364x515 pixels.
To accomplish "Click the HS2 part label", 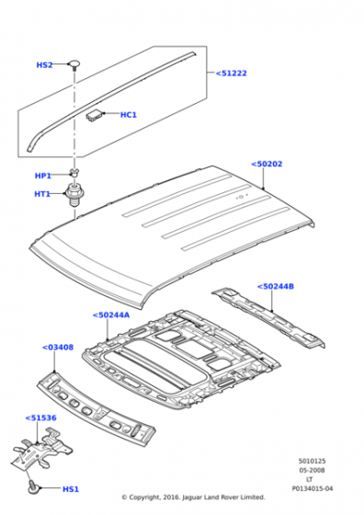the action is tap(44, 65).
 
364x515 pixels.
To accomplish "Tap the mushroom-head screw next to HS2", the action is tap(74, 64).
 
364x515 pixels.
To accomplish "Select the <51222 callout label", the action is tap(231, 74).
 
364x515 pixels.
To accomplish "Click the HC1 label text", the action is tap(129, 115).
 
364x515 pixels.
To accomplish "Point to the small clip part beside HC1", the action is tap(95, 115).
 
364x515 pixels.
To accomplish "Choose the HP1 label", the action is tap(43, 176).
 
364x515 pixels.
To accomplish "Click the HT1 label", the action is tap(42, 194).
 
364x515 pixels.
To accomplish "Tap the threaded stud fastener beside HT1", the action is tap(74, 194).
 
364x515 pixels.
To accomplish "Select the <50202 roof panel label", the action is tap(267, 164).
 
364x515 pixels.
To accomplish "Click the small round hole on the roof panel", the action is tap(241, 198).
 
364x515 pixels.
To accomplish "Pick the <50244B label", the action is tap(276, 286).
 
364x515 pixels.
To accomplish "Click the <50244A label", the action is tap(111, 315).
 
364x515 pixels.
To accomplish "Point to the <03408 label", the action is tap(58, 348).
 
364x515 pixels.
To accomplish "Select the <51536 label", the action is tap(40, 418).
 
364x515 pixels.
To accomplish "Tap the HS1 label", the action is tap(71, 489).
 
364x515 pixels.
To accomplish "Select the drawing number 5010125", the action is tap(312, 461).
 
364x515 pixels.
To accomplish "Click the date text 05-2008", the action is tap(312, 470).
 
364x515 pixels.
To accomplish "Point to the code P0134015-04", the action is tap(313, 488).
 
